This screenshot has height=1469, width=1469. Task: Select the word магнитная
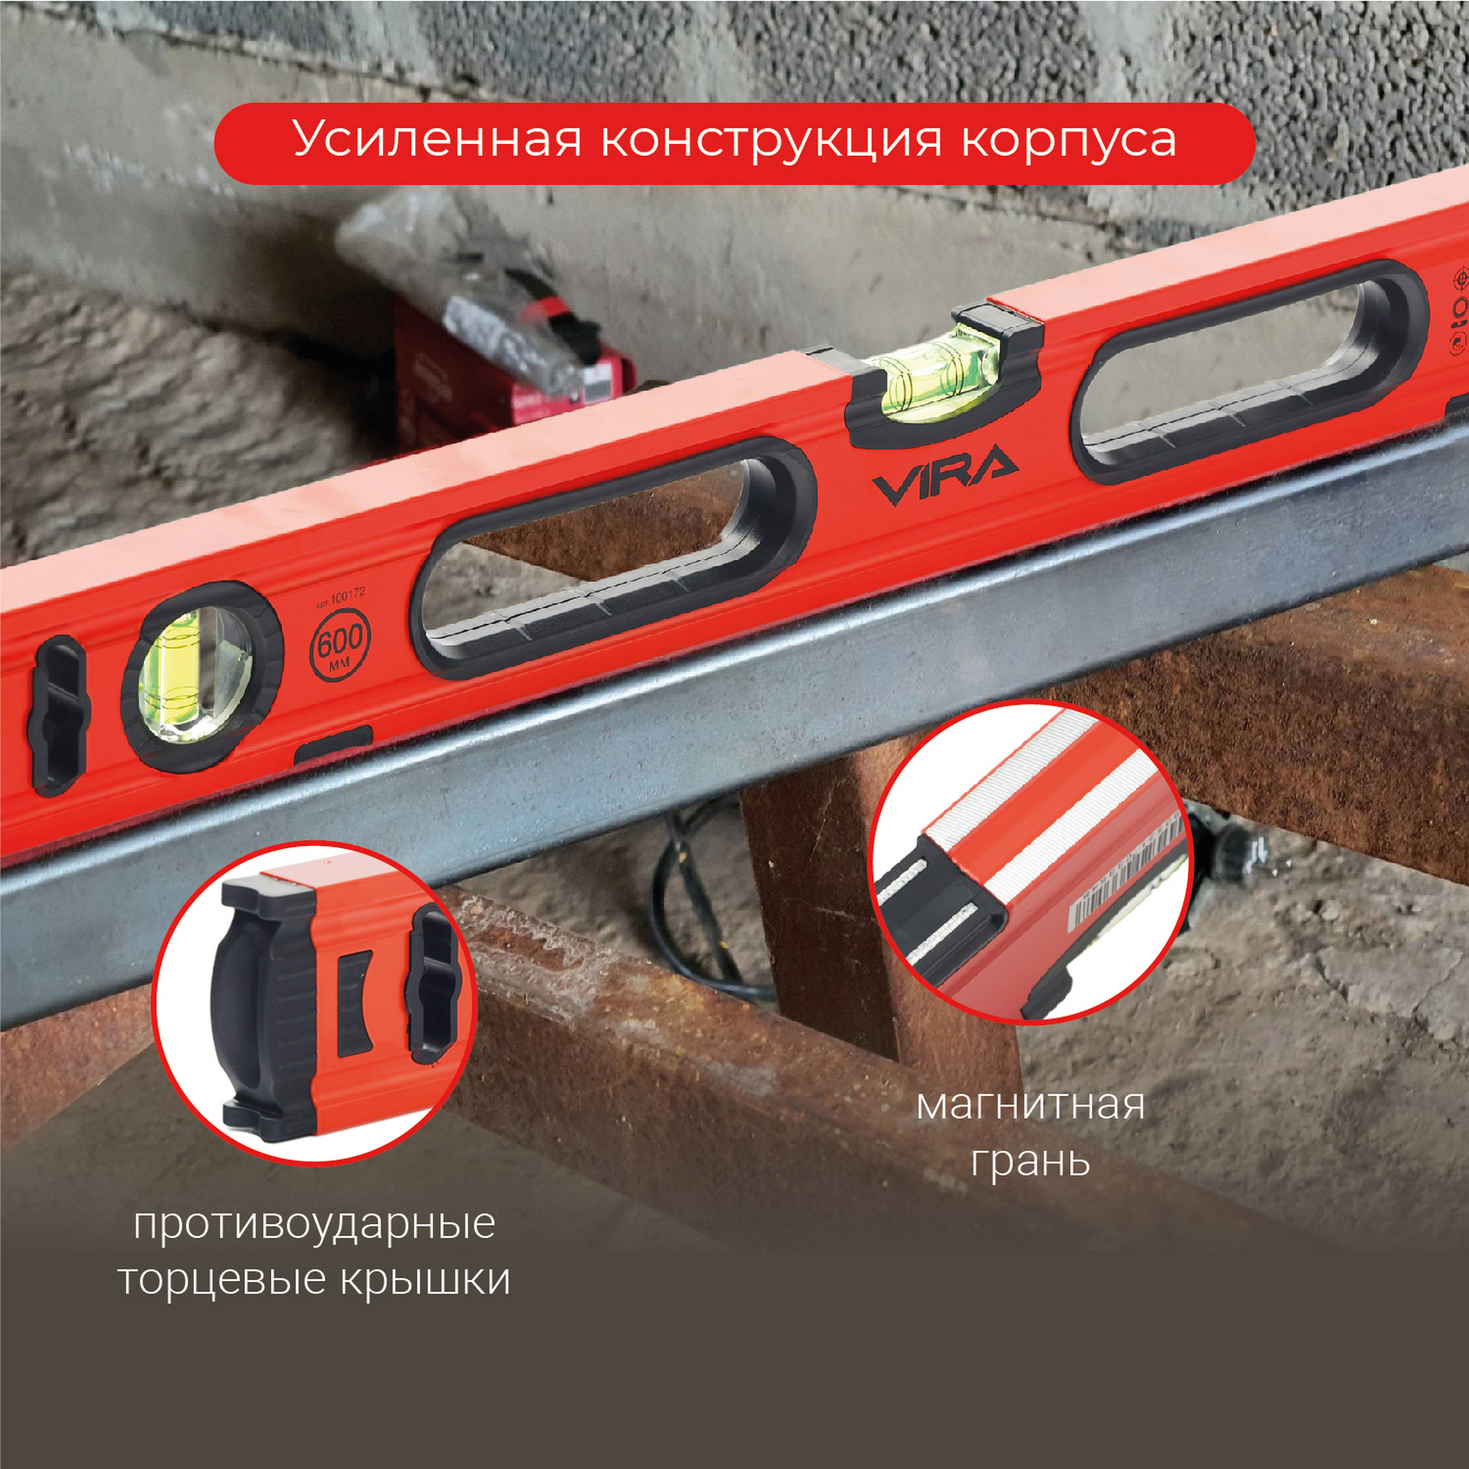point(1031,1106)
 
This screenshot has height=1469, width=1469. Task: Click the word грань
point(1031,1162)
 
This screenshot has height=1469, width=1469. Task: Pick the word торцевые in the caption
point(220,1281)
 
